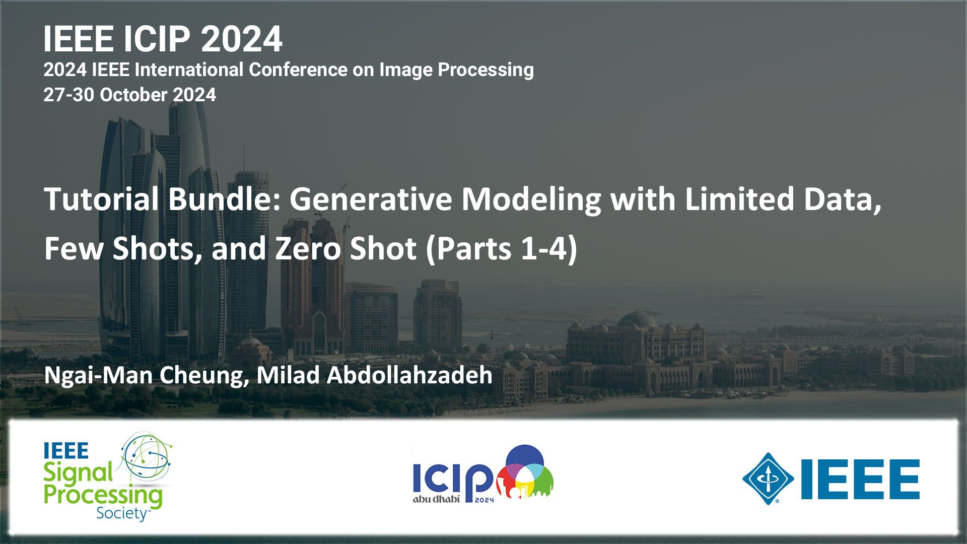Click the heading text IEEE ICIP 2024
point(163,39)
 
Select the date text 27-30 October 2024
point(129,95)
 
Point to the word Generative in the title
point(371,199)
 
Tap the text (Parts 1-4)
point(501,249)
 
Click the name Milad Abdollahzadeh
point(374,375)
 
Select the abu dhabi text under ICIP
point(436,499)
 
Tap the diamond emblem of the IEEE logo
point(768,479)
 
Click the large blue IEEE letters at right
point(860,479)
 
